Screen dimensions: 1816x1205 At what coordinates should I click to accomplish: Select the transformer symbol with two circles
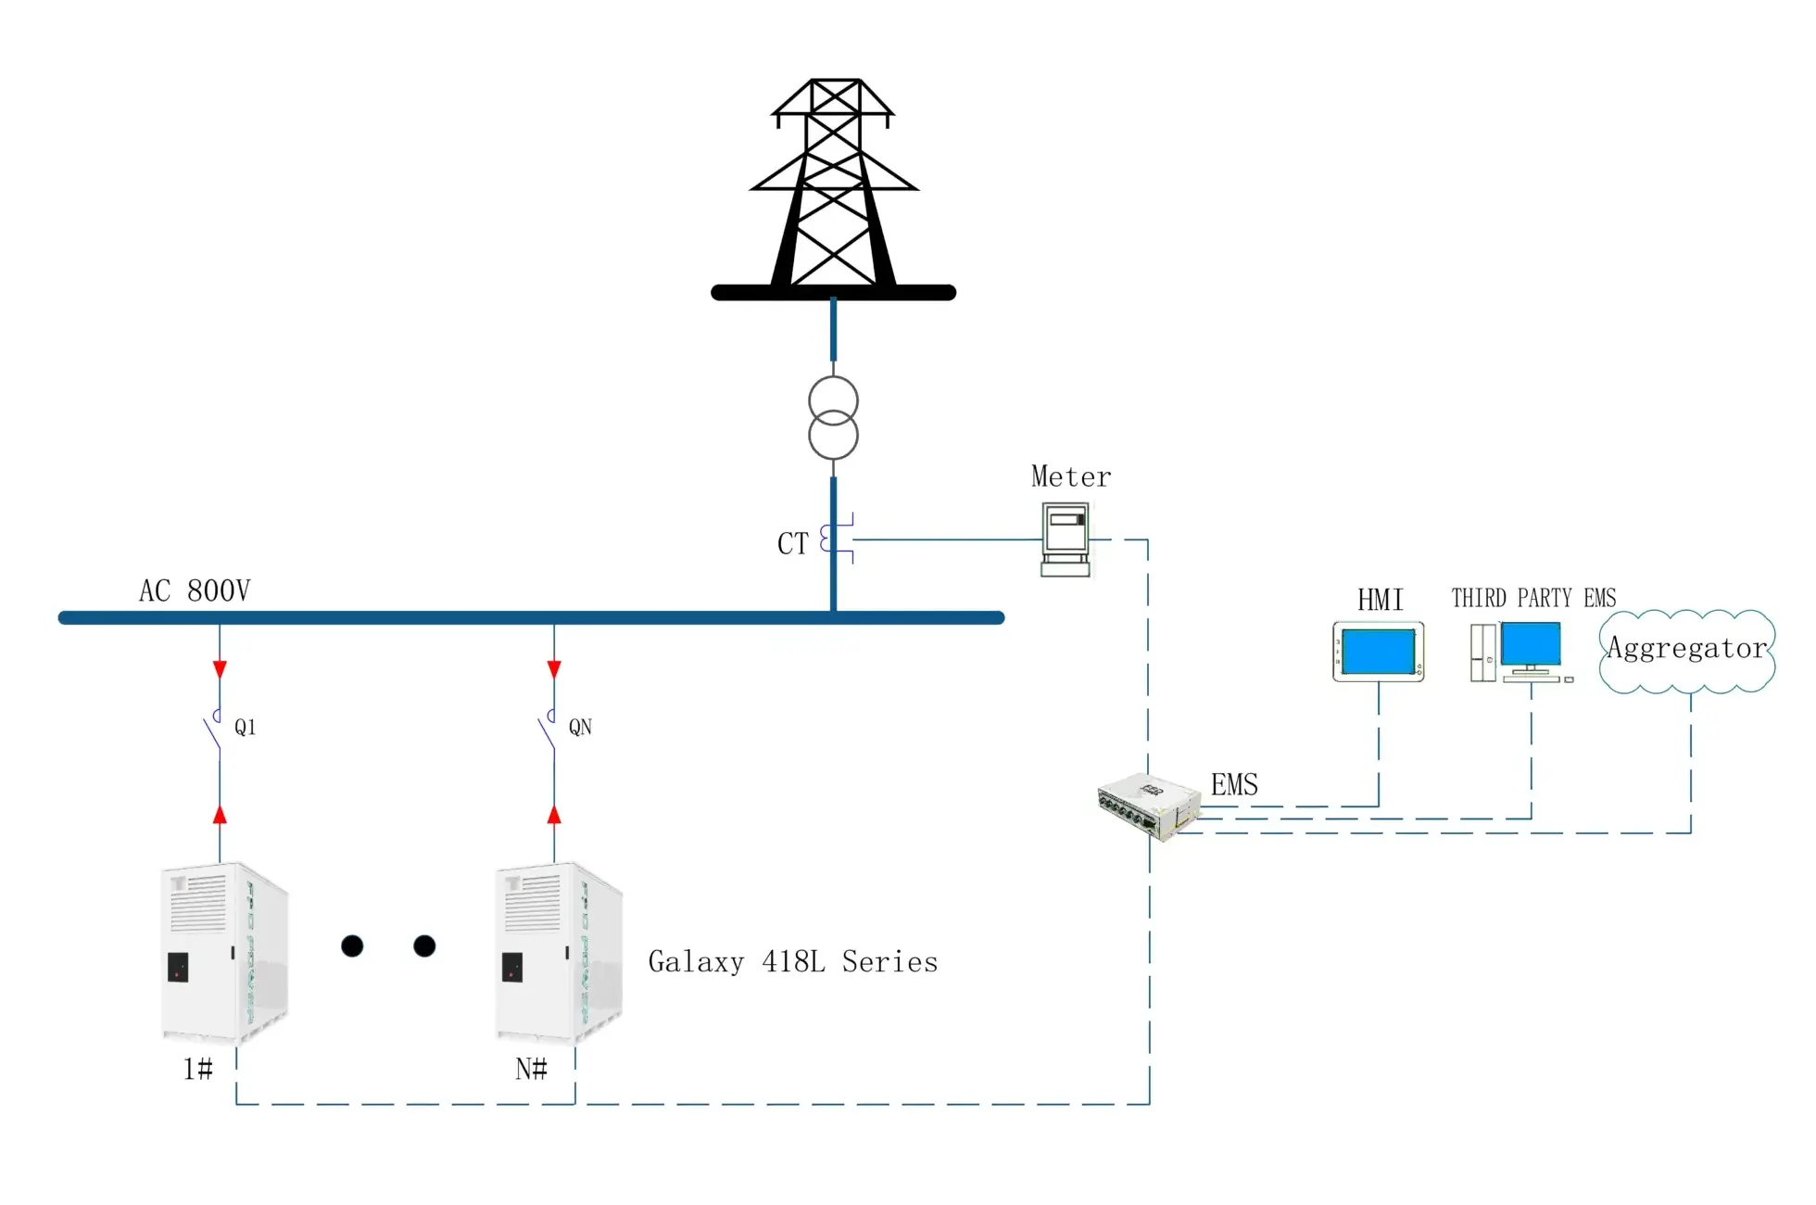tap(833, 418)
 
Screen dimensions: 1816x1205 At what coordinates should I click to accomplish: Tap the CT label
tap(793, 543)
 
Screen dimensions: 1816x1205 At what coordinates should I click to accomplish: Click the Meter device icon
tap(1066, 539)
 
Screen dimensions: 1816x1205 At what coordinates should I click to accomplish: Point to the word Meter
tap(1071, 476)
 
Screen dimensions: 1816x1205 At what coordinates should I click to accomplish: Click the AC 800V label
tap(195, 590)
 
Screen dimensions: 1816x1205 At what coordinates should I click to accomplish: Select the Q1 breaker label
tap(245, 727)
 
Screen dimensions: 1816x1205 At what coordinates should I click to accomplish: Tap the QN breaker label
tap(580, 727)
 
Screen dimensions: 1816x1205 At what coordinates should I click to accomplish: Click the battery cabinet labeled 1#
tap(224, 953)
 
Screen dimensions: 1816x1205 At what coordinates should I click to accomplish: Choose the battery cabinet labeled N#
tap(559, 953)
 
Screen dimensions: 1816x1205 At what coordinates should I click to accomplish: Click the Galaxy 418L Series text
tap(793, 962)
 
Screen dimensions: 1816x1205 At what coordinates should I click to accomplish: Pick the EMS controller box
tap(1149, 805)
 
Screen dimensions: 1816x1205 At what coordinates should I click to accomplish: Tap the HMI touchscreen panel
tap(1379, 652)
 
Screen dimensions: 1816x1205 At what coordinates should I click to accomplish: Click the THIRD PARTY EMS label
tap(1533, 598)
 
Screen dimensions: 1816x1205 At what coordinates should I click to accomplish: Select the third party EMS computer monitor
tap(1531, 646)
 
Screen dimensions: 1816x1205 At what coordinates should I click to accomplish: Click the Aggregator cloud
tap(1687, 651)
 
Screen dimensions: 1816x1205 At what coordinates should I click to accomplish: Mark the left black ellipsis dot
tap(352, 945)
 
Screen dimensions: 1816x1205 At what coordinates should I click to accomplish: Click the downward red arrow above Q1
tap(220, 669)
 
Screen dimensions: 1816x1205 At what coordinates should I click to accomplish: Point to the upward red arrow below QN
tap(554, 815)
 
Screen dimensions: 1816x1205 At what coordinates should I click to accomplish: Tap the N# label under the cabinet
tap(531, 1069)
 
